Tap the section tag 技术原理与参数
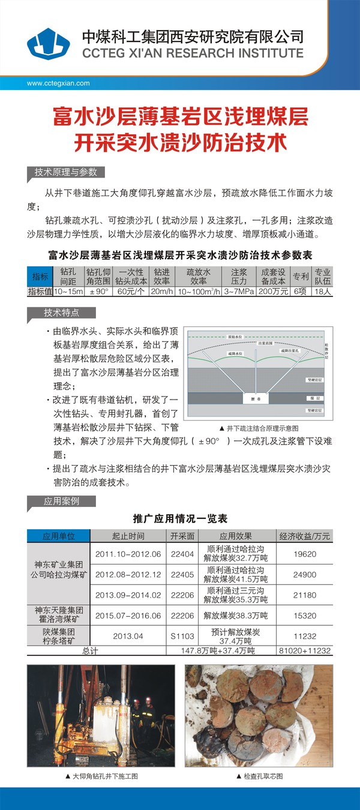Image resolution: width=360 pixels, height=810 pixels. click(x=65, y=172)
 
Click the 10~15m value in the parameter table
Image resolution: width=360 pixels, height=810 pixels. click(x=68, y=292)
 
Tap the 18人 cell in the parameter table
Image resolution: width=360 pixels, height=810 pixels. click(x=322, y=292)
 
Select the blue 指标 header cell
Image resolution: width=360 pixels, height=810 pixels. click(x=40, y=277)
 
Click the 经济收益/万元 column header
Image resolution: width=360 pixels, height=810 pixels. click(x=304, y=536)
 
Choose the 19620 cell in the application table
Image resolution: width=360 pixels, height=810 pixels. click(x=304, y=554)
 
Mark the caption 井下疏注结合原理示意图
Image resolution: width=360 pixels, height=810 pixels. click(x=259, y=428)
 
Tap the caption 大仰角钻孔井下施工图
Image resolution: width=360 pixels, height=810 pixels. click(x=101, y=776)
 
